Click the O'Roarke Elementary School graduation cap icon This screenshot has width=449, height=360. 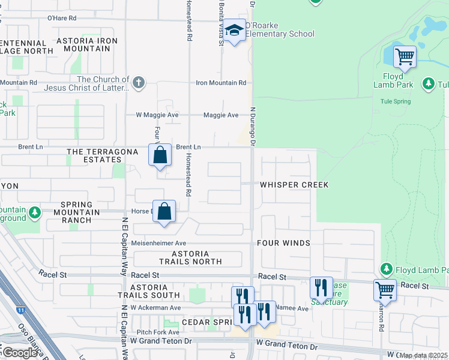click(x=235, y=31)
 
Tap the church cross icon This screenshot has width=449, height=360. click(x=139, y=82)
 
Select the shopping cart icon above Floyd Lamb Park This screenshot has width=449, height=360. click(x=405, y=58)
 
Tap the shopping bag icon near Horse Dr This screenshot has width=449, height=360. click(x=164, y=212)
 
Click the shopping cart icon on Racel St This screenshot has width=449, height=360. click(x=385, y=290)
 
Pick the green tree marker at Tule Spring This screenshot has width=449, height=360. click(x=428, y=85)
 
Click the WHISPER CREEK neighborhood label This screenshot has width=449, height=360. click(x=294, y=185)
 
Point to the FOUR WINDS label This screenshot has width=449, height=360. click(x=283, y=243)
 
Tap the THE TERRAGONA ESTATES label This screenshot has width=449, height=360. click(x=94, y=156)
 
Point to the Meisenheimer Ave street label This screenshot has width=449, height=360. click(x=159, y=243)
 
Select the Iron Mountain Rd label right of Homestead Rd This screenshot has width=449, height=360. click(x=221, y=83)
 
